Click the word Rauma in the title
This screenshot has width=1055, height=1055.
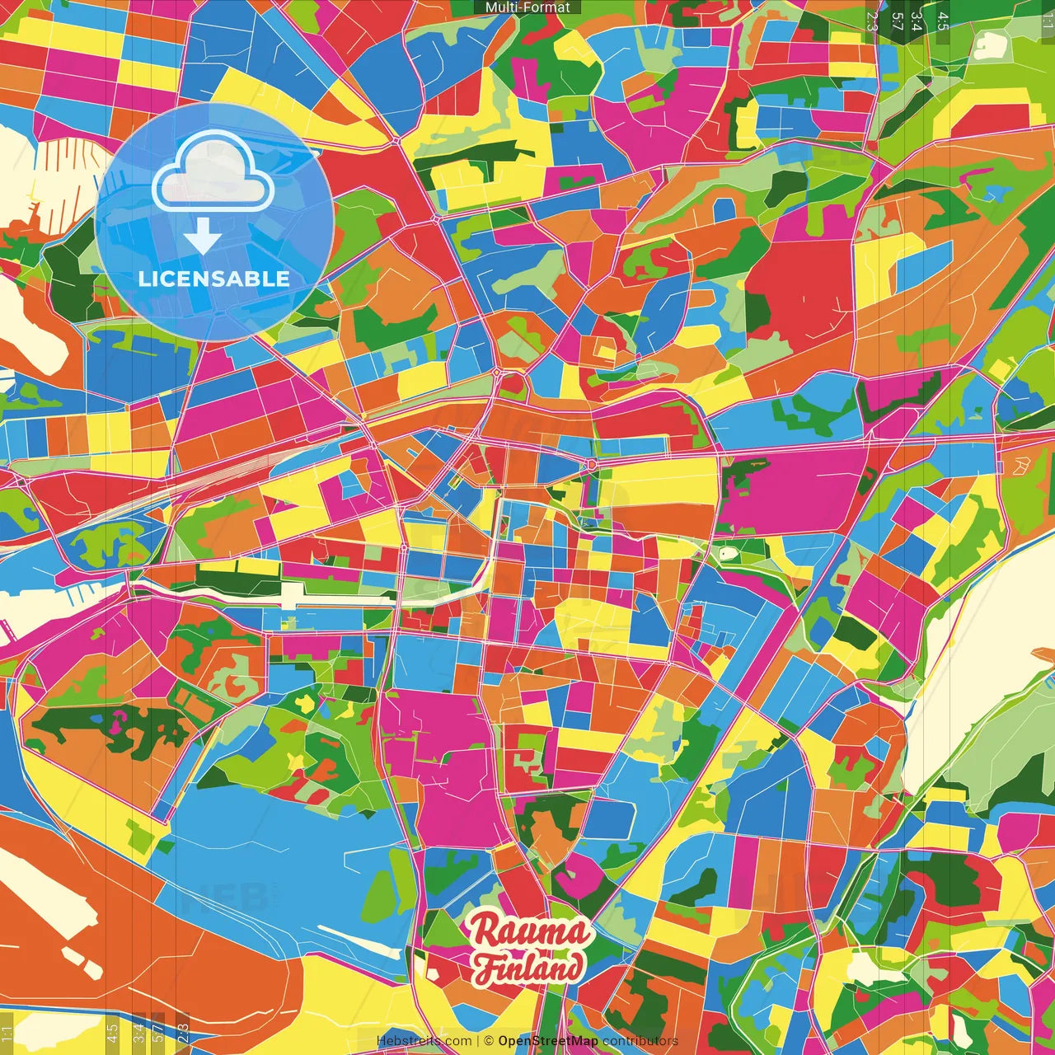(530, 932)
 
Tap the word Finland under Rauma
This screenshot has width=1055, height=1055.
(528, 968)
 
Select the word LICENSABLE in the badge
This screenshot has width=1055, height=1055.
(214, 279)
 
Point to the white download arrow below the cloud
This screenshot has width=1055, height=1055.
(202, 237)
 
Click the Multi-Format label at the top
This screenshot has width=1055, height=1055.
(527, 7)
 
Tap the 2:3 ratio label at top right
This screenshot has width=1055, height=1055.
(872, 21)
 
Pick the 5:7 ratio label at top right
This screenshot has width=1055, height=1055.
(898, 21)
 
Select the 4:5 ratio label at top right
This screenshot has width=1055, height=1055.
(943, 21)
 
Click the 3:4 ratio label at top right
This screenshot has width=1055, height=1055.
(917, 21)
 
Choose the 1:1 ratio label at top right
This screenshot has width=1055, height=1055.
(1047, 21)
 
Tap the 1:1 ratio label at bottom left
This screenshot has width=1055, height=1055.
(7, 1034)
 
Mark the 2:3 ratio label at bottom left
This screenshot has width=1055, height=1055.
(183, 1034)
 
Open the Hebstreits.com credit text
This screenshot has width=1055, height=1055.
(424, 1041)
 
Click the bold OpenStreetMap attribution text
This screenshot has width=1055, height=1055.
(548, 1041)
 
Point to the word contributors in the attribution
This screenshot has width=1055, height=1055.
(640, 1041)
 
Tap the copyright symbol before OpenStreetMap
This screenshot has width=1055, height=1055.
(489, 1041)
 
